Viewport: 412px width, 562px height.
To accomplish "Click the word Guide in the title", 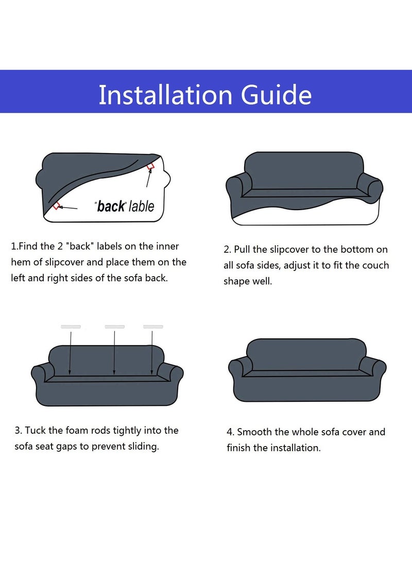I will [277, 95].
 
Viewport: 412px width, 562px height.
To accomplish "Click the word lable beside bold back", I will [141, 207].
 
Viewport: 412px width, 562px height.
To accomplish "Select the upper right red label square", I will [151, 166].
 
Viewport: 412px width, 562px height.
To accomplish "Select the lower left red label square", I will [57, 206].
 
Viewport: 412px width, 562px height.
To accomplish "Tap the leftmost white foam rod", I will [71, 327].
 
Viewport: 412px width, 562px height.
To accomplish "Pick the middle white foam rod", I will [114, 327].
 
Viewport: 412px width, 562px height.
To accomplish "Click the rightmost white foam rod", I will [152, 327].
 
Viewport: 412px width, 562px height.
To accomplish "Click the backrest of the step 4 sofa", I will [306, 354].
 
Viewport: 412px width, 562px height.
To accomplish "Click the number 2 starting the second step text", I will [226, 250].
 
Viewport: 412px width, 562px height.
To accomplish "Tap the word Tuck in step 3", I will [36, 430].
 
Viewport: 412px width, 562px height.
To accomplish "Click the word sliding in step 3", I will [143, 446].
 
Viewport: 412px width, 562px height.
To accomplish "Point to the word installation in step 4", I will [293, 448].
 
